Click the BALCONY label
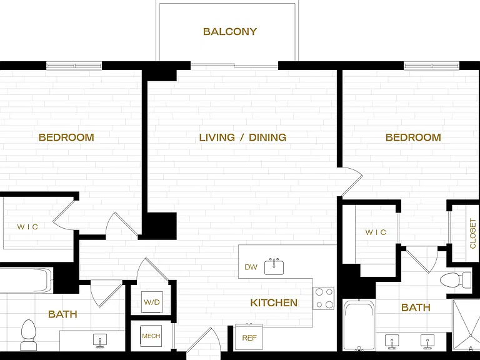tap(230, 31)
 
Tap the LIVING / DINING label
tap(242, 137)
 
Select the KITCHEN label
tap(274, 302)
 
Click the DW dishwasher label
tap(251, 267)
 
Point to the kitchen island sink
tap(274, 267)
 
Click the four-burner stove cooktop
tap(324, 298)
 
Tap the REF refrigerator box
tap(249, 337)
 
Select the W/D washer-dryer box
tap(152, 302)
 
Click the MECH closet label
tap(151, 336)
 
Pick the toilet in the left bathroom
tap(29, 334)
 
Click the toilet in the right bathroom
tap(456, 279)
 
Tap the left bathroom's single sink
tap(100, 341)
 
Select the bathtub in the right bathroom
tap(359, 324)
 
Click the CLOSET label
tap(472, 233)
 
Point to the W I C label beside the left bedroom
tap(27, 227)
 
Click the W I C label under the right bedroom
tap(376, 232)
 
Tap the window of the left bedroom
tap(74, 66)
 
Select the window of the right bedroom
tap(431, 66)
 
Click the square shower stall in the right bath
tap(466, 325)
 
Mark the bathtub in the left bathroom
tap(26, 281)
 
